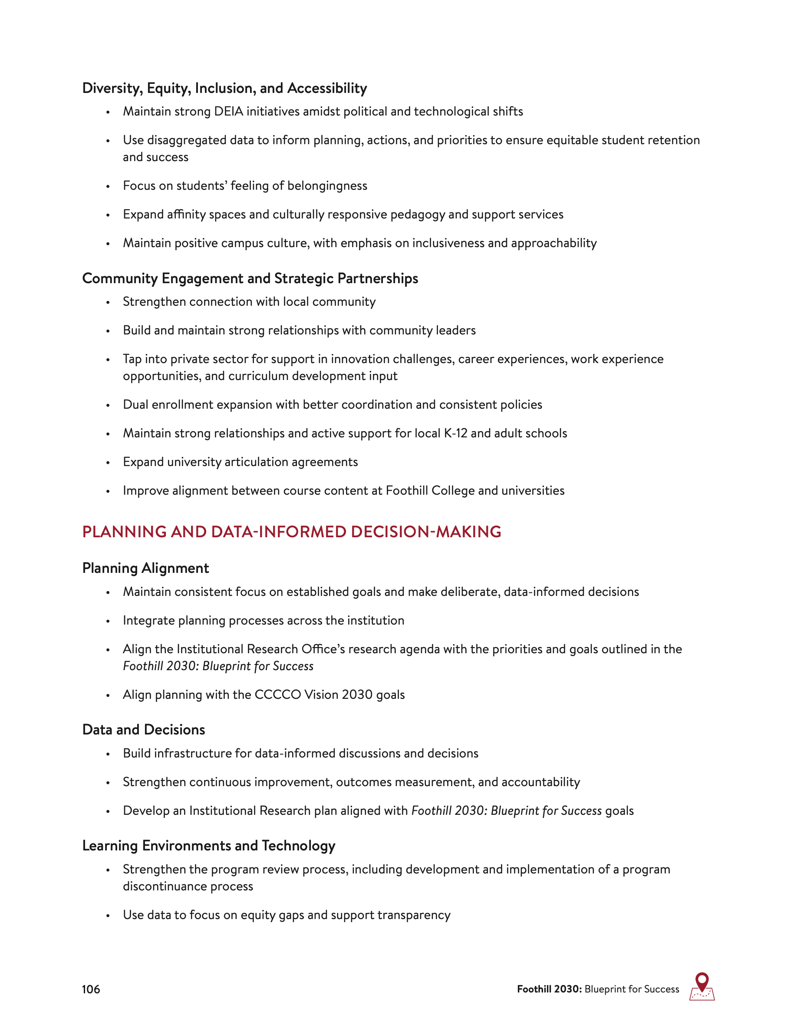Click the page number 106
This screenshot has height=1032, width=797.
(91, 989)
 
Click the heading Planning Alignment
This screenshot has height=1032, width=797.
(145, 568)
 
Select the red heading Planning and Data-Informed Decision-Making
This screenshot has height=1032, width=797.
(291, 532)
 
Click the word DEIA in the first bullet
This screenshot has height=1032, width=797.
(228, 112)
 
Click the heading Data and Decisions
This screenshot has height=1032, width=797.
(144, 730)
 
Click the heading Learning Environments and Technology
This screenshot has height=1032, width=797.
(209, 845)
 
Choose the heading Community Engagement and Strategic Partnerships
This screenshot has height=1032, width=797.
(250, 278)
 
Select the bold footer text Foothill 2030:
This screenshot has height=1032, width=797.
(549, 989)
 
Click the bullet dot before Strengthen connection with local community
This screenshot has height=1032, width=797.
(108, 302)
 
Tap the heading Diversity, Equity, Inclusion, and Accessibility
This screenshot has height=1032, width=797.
(224, 88)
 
